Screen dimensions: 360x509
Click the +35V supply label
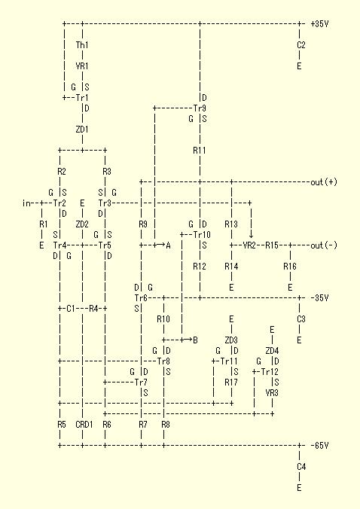click(320, 23)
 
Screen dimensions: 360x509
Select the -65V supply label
click(320, 446)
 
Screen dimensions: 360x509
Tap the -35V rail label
click(320, 297)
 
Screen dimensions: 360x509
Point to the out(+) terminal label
click(324, 182)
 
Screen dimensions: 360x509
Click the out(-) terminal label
click(324, 245)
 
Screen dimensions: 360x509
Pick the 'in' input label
click(26, 203)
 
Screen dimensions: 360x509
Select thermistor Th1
click(82, 44)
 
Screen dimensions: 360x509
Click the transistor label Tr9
click(200, 108)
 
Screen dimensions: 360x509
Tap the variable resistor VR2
click(249, 245)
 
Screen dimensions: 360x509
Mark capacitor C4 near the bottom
click(301, 467)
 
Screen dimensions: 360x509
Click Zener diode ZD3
click(231, 340)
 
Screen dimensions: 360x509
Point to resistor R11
click(200, 151)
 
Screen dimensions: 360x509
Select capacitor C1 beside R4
click(71, 309)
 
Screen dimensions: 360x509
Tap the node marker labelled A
click(168, 245)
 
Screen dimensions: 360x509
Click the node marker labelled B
click(195, 340)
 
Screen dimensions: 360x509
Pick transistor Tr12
click(270, 372)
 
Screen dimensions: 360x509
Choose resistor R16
click(289, 267)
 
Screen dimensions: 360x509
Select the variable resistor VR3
click(272, 393)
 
